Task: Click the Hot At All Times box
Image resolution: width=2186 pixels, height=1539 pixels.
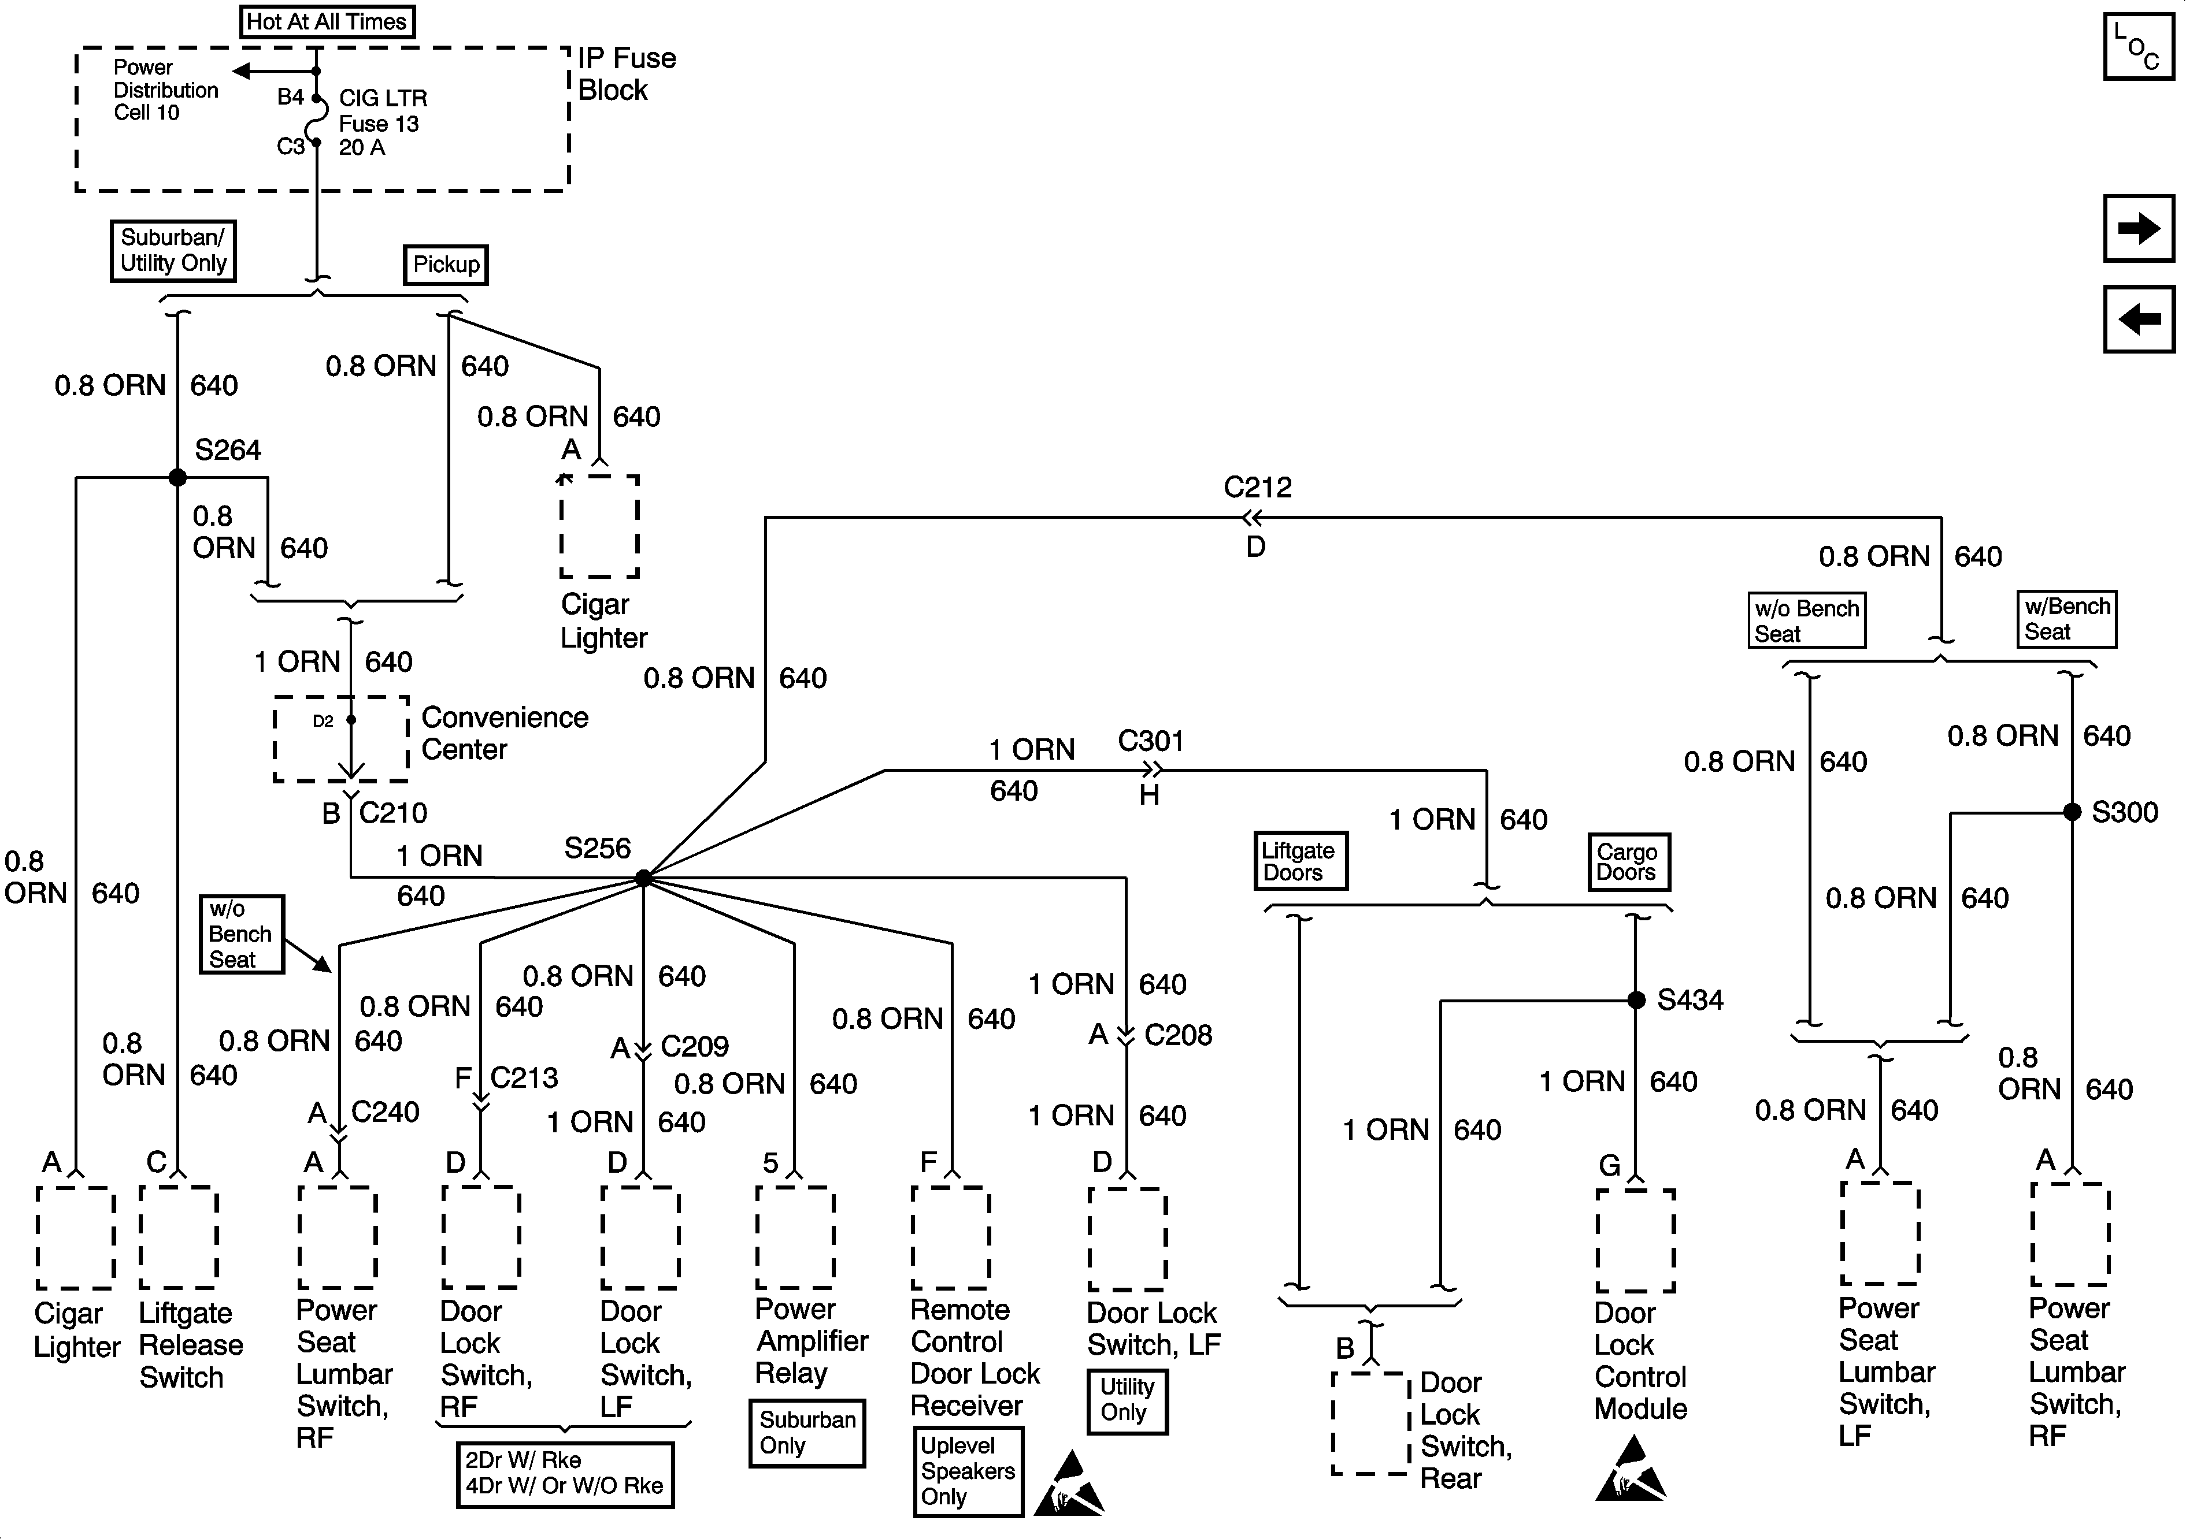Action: pos(327,21)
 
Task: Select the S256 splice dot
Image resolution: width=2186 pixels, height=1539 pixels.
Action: pos(644,878)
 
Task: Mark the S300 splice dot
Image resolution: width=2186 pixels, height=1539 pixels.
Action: pos(2072,812)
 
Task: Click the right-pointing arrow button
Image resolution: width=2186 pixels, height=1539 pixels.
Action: pos(2139,228)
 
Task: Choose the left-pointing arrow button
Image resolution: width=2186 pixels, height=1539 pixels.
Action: pos(2139,319)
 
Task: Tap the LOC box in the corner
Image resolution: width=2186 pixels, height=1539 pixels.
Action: pos(2139,46)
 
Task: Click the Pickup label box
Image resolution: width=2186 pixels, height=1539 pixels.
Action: pos(446,265)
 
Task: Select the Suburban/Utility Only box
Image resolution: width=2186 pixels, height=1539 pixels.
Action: pos(173,250)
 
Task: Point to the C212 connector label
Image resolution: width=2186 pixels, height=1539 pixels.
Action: pos(1258,488)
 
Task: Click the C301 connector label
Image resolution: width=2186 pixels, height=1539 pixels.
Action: pos(1151,741)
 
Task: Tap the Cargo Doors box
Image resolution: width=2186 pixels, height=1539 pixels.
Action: pos(1628,861)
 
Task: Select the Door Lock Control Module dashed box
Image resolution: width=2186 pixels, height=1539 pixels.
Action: pos(1636,1240)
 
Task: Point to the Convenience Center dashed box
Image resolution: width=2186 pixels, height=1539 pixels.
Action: pos(342,738)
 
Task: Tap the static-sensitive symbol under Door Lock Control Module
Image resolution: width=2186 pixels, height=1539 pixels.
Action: pos(1630,1469)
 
